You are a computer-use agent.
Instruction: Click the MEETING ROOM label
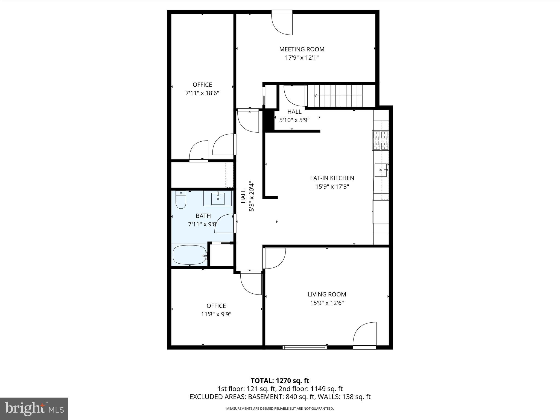(302, 49)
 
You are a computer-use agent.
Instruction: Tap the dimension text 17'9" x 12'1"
(302, 58)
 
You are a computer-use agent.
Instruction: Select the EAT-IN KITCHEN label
(332, 178)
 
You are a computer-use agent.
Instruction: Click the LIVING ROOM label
(327, 294)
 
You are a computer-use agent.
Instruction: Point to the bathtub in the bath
(189, 255)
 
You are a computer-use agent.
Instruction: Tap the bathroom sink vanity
(218, 199)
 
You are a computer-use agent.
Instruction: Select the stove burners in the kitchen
(380, 141)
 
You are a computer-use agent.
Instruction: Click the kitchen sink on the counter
(381, 170)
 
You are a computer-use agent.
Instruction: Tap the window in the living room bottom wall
(305, 347)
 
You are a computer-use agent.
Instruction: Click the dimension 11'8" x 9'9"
(216, 314)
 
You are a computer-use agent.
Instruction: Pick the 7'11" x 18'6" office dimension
(202, 93)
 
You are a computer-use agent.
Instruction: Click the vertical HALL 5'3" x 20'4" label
(247, 196)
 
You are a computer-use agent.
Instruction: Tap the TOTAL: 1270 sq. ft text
(280, 381)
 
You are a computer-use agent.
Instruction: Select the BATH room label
(203, 216)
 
